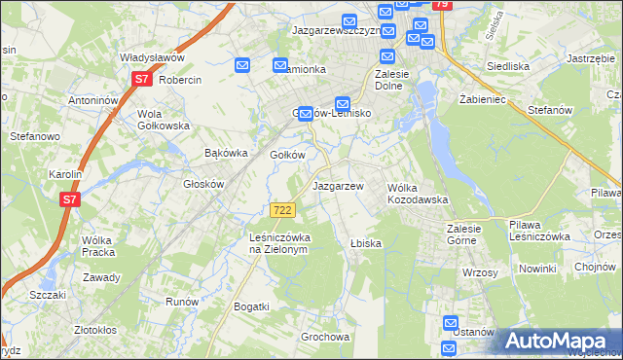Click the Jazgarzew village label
pos(337,186)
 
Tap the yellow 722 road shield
pos(282,210)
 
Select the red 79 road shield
pos(441,5)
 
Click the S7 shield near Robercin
pos(141,79)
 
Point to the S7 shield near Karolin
pos(68,199)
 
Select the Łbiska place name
pos(365,243)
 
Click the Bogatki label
pos(251,306)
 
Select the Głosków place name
pos(204,184)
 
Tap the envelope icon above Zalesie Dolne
pos(387,57)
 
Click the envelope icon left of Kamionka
pos(243,65)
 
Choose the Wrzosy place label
pos(480,272)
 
